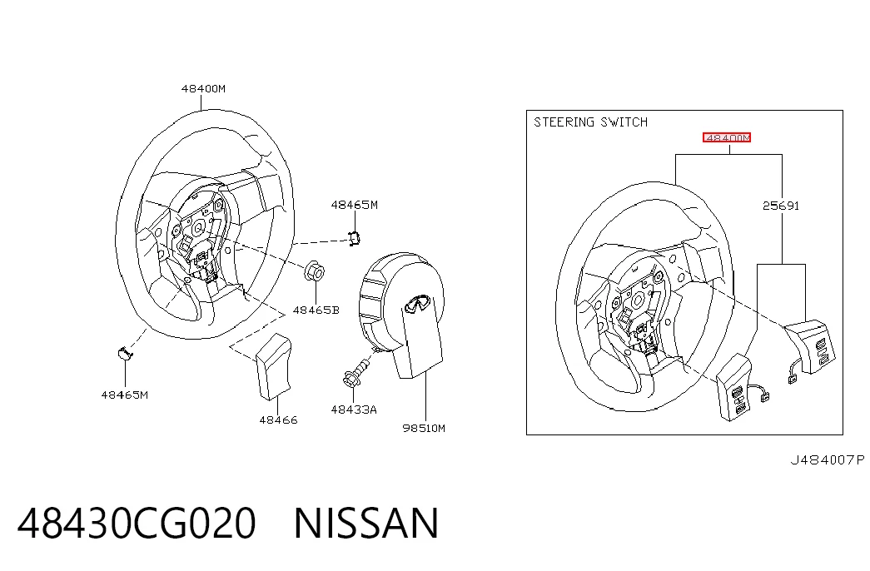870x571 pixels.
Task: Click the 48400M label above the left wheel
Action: [x=203, y=88]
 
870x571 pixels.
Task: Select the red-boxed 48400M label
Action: [x=727, y=137]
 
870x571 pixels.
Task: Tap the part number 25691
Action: [x=781, y=206]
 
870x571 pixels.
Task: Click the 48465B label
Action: [x=316, y=310]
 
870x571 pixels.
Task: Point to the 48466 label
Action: [x=279, y=420]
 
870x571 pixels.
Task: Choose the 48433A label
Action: [x=354, y=410]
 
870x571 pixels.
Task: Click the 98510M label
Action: [x=424, y=428]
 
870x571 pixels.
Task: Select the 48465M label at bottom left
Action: [x=124, y=395]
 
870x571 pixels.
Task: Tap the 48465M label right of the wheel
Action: [x=354, y=205]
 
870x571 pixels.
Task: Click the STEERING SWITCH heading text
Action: [x=590, y=122]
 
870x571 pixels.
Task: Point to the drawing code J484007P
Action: [x=828, y=460]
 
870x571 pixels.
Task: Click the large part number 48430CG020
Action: [x=137, y=524]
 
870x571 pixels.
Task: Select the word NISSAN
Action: [x=366, y=524]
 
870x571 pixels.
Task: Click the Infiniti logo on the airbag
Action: [x=418, y=303]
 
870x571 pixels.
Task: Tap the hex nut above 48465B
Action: [x=315, y=271]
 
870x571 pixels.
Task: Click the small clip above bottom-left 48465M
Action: [x=124, y=353]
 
